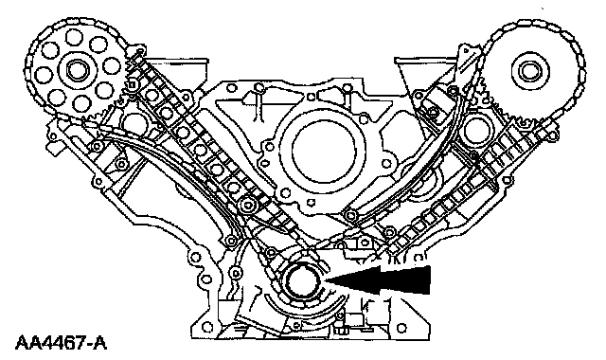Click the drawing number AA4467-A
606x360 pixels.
tap(61, 343)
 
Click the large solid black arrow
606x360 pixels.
tap(378, 279)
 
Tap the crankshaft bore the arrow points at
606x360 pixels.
tap(302, 282)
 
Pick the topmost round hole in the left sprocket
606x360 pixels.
tap(74, 38)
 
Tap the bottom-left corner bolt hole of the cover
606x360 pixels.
tap(207, 327)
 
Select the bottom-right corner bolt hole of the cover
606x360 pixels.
tap(401, 328)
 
